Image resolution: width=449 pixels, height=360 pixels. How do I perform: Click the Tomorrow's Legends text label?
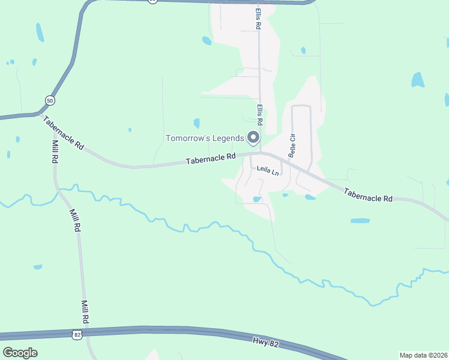point(205,139)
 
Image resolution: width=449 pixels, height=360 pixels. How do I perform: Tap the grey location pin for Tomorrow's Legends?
point(253,138)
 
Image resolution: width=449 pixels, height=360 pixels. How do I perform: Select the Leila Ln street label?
point(268,171)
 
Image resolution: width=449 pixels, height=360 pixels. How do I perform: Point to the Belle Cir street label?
point(292,145)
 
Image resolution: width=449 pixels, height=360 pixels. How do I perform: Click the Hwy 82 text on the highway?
point(267,341)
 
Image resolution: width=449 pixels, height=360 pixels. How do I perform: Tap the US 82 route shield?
point(76,335)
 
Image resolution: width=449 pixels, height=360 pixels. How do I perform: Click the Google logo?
point(20,352)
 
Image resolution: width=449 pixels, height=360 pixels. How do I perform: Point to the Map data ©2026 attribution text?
point(423,355)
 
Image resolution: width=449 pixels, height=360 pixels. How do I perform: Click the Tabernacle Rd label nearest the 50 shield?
point(63,132)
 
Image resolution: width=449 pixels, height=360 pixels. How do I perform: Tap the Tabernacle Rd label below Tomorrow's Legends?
point(210,158)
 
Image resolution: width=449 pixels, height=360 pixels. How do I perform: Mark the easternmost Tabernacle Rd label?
point(368,194)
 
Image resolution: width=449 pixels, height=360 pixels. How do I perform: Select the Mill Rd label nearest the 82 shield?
point(85,312)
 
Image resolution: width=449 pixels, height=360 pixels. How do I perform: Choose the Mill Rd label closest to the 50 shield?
point(55,152)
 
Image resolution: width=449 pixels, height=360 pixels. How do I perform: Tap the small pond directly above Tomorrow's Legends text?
point(196,123)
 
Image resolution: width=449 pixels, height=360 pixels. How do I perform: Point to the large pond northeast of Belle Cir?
point(417,79)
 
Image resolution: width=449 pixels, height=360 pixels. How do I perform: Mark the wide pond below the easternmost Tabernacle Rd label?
point(360,221)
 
